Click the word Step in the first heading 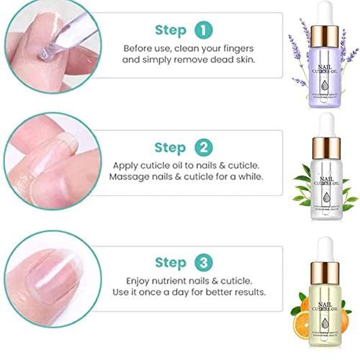click(x=170, y=31)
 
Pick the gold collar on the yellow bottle click(x=318, y=269)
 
